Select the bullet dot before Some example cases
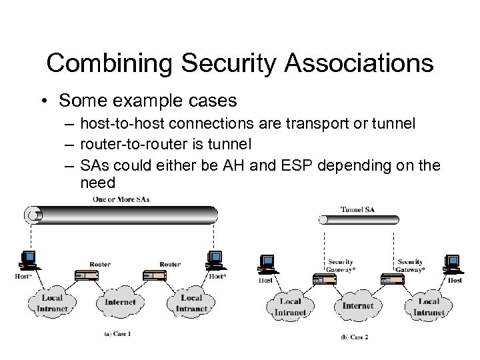pos(43,101)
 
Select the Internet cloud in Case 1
pos(119,303)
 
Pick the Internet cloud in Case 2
pos(357,307)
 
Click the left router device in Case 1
pos(90,276)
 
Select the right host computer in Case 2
pos(453,265)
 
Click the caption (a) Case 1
pos(117,333)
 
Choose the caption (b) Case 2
pos(354,337)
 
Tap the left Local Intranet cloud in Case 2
pos(291,307)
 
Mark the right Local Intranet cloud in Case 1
pos(191,303)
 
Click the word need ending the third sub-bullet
pos(97,181)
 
